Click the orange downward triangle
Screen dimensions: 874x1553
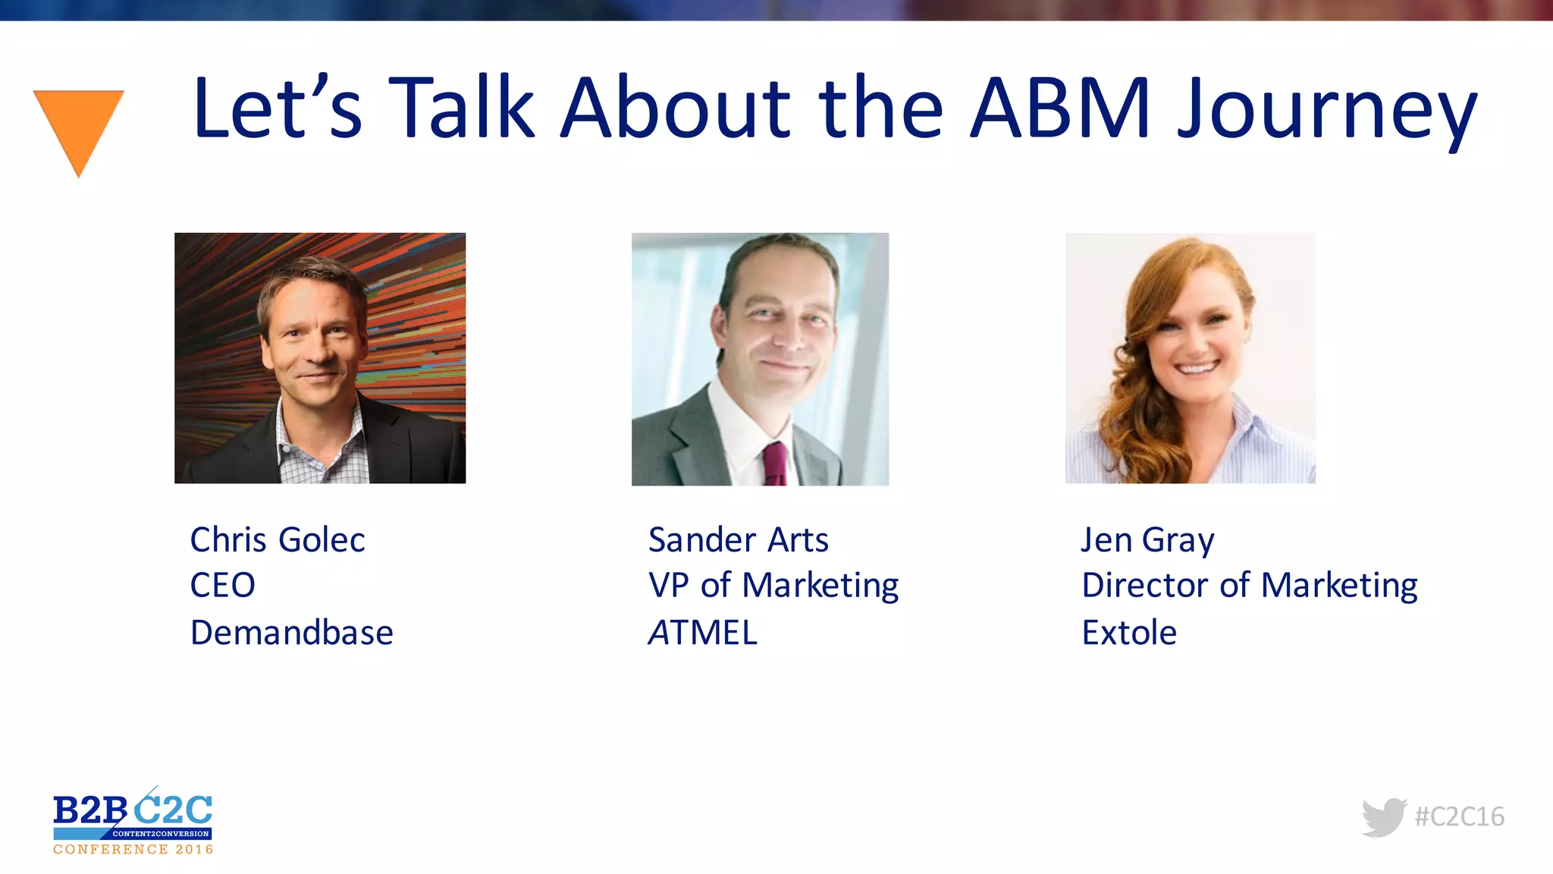78,125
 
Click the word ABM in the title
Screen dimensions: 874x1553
1061,108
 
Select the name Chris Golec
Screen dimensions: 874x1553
278,540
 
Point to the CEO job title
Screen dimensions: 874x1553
222,586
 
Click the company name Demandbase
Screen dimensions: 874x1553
291,633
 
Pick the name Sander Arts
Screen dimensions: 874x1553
738,540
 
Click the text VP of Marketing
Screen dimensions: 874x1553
773,586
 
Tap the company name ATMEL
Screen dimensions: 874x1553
703,633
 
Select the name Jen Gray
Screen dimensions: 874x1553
1147,541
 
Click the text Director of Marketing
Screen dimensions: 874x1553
1249,586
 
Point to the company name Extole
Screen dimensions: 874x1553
1129,633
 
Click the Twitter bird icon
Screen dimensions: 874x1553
1383,817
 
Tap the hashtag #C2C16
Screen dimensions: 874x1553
1459,816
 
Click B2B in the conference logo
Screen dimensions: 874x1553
89,811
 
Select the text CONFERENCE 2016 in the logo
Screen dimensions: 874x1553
133,850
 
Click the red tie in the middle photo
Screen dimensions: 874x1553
775,464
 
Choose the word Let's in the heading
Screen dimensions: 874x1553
278,108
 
